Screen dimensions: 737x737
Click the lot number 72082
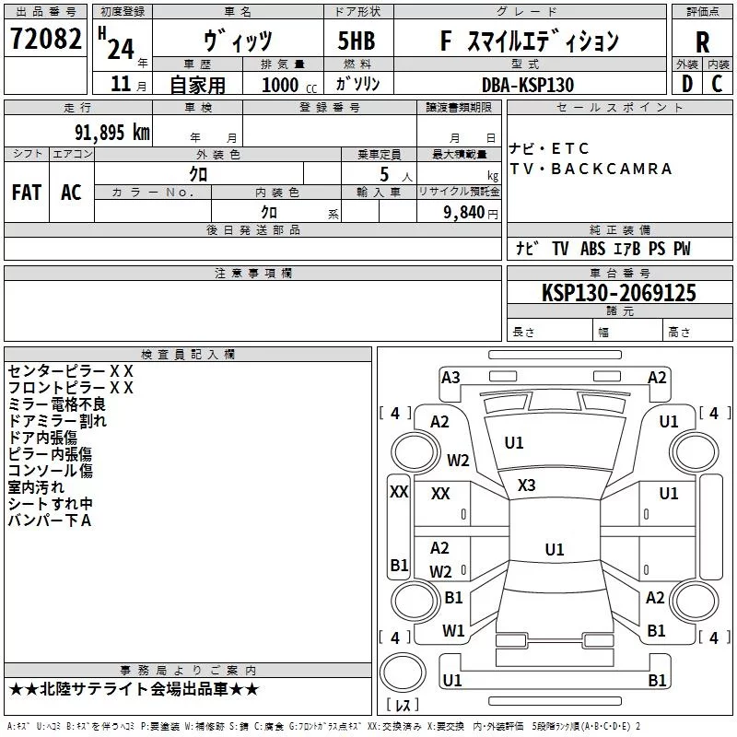(45, 39)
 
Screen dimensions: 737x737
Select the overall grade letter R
(702, 42)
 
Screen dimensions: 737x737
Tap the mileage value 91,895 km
(112, 133)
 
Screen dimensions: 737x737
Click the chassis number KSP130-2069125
(619, 293)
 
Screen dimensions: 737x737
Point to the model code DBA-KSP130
(528, 85)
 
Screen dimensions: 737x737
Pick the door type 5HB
(357, 41)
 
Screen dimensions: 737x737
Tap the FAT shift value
(27, 193)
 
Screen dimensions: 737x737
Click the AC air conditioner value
(72, 193)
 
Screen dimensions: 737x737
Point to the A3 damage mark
(450, 378)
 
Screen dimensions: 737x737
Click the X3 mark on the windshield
(526, 485)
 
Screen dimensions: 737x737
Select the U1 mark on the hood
(514, 443)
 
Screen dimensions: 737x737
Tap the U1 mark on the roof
(555, 549)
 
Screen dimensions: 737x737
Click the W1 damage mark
(453, 631)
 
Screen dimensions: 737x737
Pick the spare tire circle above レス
(403, 673)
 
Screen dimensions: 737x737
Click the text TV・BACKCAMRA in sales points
(591, 169)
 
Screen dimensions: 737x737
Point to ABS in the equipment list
(592, 249)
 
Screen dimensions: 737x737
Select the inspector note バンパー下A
(50, 521)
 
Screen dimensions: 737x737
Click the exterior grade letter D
(687, 84)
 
